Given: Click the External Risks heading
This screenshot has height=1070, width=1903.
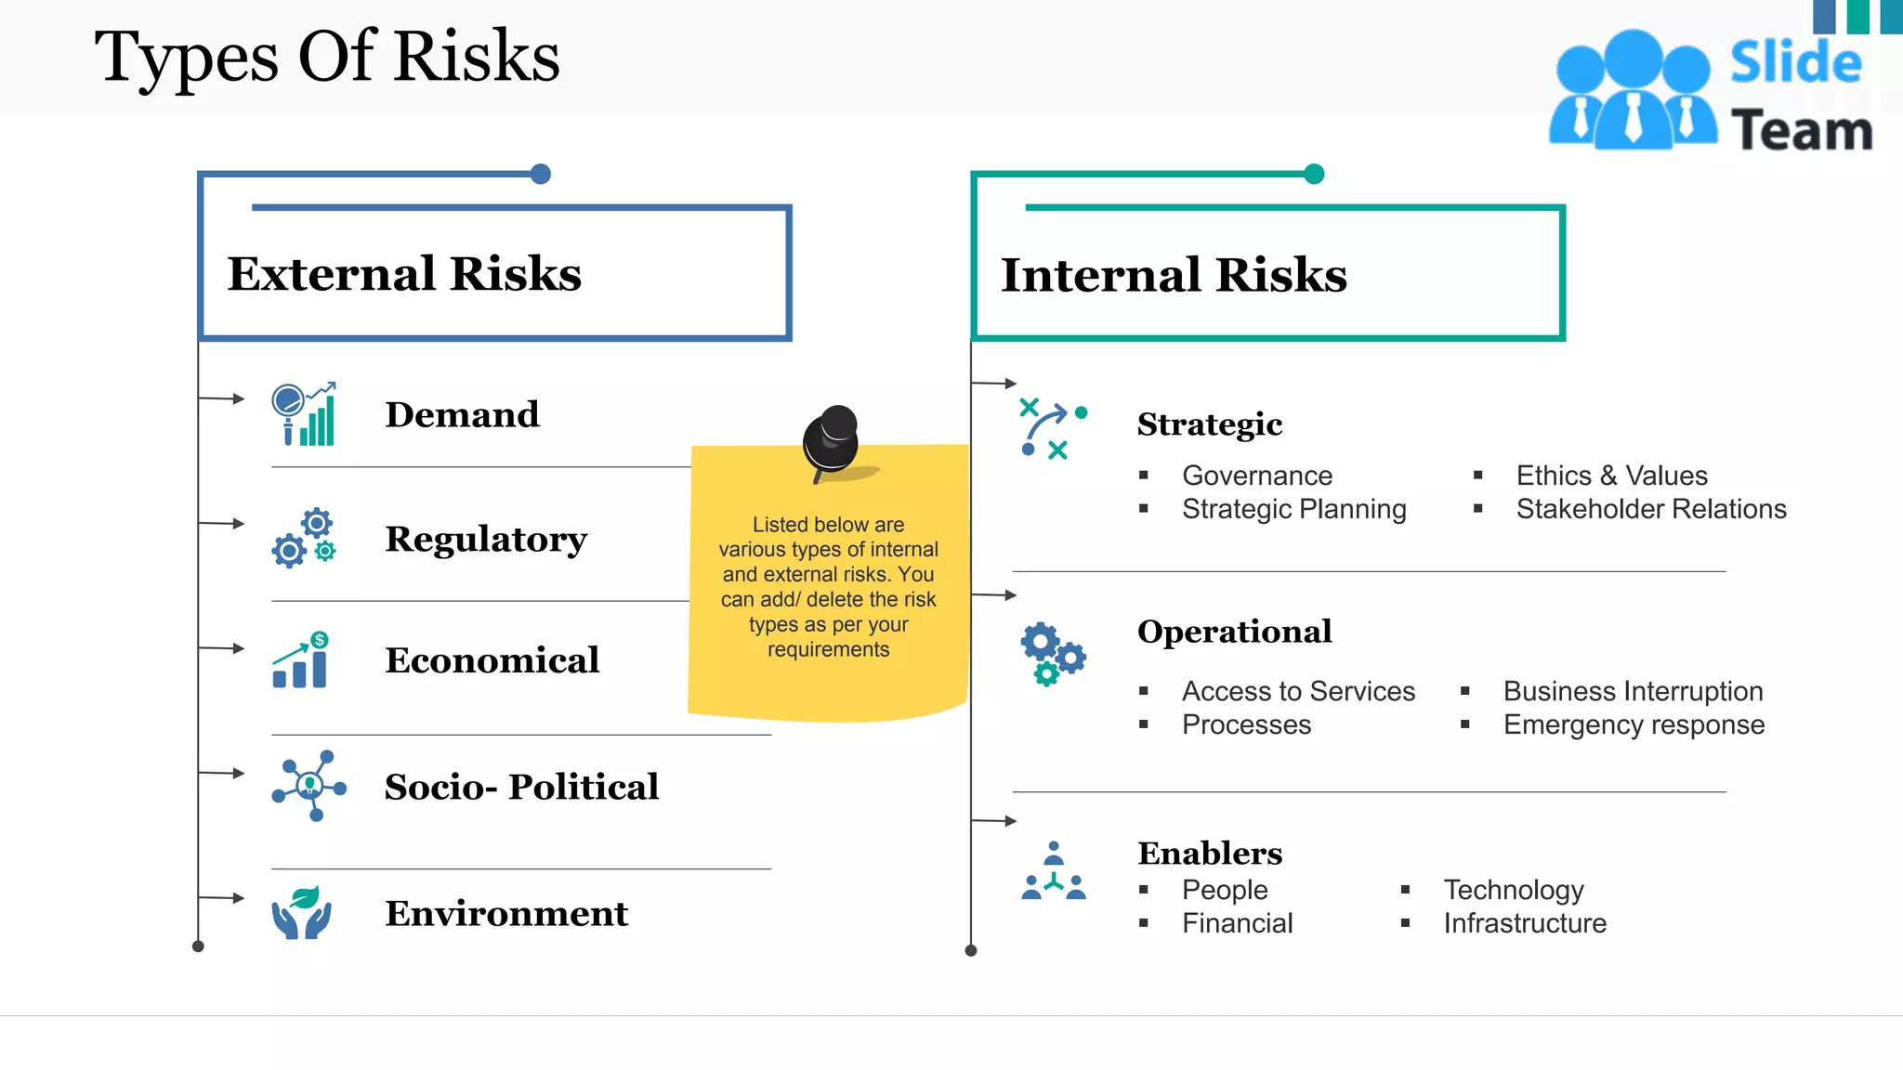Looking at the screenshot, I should (404, 274).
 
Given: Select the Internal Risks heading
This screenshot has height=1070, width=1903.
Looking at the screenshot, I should (1174, 275).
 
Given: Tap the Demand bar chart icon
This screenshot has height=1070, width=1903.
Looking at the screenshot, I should (304, 414).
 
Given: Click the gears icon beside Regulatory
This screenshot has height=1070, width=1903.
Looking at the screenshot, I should (304, 538).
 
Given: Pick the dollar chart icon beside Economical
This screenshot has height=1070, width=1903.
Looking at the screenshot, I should (301, 660).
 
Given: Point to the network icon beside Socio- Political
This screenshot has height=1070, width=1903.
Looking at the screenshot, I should (309, 786).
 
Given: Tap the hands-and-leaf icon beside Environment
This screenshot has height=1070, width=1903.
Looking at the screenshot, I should (302, 912).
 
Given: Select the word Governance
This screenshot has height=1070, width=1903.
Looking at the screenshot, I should (1257, 476).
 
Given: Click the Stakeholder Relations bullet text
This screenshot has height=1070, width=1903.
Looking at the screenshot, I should (1651, 509).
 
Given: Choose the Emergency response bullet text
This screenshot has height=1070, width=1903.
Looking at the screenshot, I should (1634, 724).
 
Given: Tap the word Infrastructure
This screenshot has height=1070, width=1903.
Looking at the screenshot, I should (1525, 923).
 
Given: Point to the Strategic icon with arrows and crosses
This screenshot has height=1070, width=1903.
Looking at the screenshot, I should (1053, 429).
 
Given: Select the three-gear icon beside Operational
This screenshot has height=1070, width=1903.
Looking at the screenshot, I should (1053, 654).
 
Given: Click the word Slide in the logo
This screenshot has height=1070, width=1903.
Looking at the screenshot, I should (1795, 63).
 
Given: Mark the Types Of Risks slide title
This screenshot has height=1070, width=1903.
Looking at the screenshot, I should (327, 58).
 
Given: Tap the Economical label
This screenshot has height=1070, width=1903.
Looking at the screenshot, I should (492, 660).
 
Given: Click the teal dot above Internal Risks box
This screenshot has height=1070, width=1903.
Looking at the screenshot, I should (1314, 174).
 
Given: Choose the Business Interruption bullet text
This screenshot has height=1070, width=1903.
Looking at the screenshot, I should (1633, 691).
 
